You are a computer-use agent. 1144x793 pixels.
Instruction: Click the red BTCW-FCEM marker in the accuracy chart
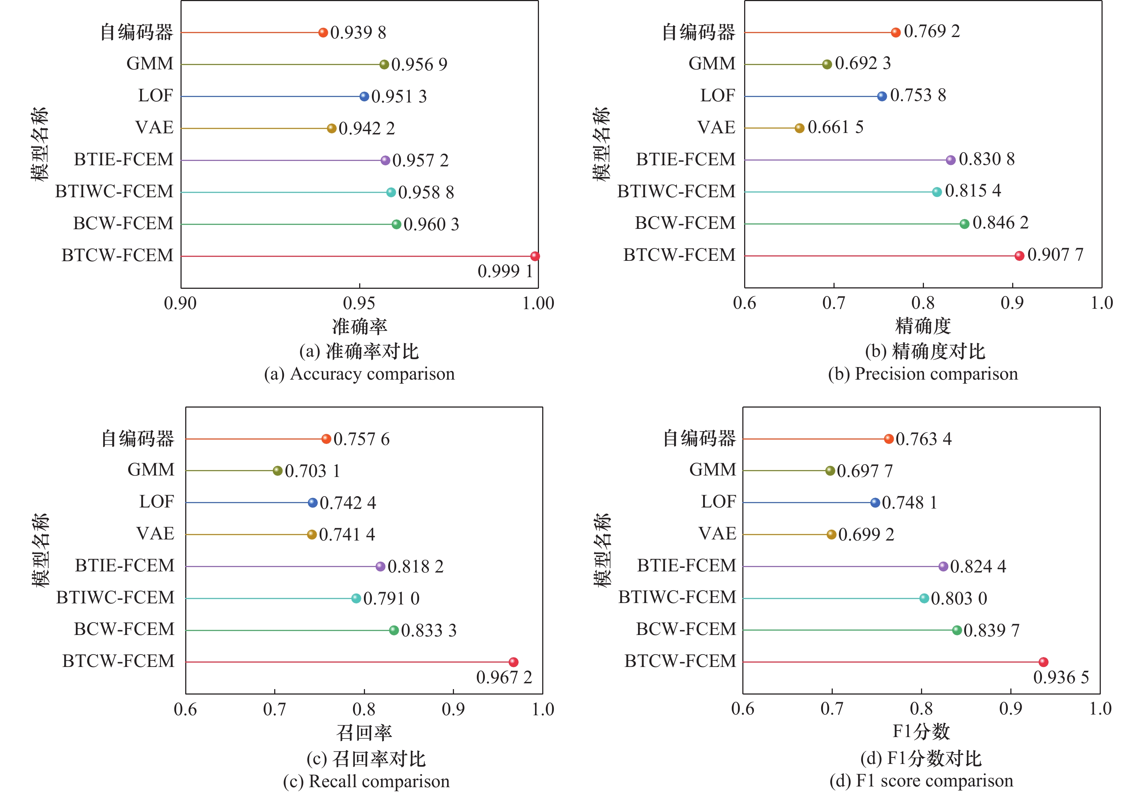pos(535,256)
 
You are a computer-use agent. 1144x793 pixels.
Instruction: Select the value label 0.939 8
pos(358,33)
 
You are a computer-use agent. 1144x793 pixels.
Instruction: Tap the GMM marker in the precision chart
pos(827,64)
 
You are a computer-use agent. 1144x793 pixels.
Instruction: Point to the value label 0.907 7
pos(1055,255)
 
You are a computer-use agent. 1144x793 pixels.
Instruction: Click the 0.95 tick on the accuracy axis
pos(359,303)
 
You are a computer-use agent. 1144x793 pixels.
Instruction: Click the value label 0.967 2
pos(504,677)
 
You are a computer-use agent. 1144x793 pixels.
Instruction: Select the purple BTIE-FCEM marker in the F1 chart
pos(943,566)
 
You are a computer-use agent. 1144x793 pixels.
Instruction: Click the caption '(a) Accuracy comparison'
pos(359,374)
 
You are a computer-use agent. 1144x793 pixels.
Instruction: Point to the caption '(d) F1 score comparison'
pos(921,781)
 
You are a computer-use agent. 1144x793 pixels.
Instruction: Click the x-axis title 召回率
pos(364,732)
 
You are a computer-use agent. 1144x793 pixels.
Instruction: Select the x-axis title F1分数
pos(921,731)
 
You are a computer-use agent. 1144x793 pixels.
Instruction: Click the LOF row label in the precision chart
pos(717,96)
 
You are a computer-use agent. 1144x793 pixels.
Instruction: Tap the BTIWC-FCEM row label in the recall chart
pos(115,597)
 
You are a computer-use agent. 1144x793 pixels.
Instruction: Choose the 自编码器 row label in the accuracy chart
pos(137,32)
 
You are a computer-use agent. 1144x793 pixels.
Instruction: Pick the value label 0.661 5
pos(836,127)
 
